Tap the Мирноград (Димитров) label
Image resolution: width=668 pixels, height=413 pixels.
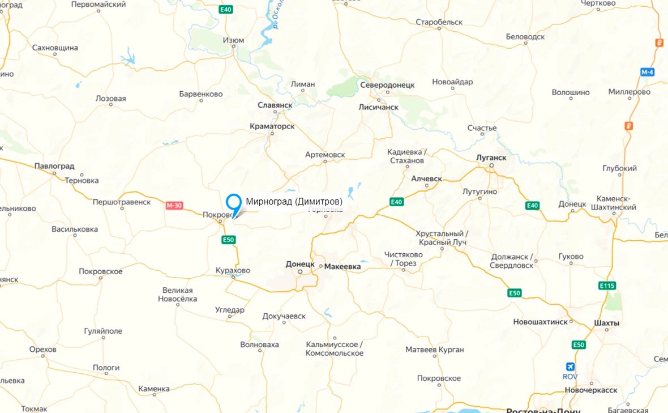(294, 202)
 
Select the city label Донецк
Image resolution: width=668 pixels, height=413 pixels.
(300, 264)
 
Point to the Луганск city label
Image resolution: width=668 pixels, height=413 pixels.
(490, 157)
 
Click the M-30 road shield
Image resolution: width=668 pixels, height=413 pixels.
(174, 206)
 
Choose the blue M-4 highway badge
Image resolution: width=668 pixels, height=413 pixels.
(648, 73)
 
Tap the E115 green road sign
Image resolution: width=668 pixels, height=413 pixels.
(607, 286)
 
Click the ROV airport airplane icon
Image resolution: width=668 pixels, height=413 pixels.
(569, 367)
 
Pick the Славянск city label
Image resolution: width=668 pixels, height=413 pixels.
(275, 105)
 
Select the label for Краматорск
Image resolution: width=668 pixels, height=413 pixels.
(272, 126)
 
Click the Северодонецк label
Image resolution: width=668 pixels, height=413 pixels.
(387, 85)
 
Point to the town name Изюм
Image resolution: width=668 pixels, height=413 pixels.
(233, 41)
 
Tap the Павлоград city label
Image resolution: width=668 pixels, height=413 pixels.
(54, 166)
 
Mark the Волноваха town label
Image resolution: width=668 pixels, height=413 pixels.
(259, 344)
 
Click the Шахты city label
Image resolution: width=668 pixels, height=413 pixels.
(607, 323)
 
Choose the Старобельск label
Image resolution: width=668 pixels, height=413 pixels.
(439, 22)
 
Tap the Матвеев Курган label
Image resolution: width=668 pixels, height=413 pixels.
(435, 350)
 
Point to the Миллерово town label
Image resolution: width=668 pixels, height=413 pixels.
(630, 92)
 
